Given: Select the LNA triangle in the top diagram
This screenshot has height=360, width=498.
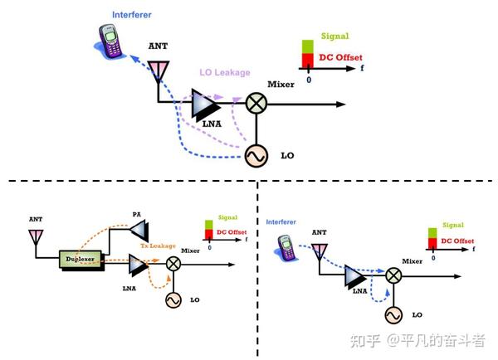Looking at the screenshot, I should [x=204, y=105].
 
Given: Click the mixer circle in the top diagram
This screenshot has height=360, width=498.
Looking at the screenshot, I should [x=256, y=104].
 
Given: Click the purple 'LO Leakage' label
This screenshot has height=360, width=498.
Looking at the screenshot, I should [x=224, y=73].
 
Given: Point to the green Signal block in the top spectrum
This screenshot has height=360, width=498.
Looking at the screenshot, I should [x=308, y=46].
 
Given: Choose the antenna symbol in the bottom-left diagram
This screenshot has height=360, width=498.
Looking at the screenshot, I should [x=36, y=236].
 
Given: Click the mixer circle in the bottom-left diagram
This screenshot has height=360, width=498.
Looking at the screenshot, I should [x=174, y=264].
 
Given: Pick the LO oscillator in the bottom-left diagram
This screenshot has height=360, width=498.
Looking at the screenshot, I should [x=174, y=299].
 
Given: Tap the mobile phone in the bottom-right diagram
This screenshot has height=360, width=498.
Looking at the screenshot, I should [x=287, y=246].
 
